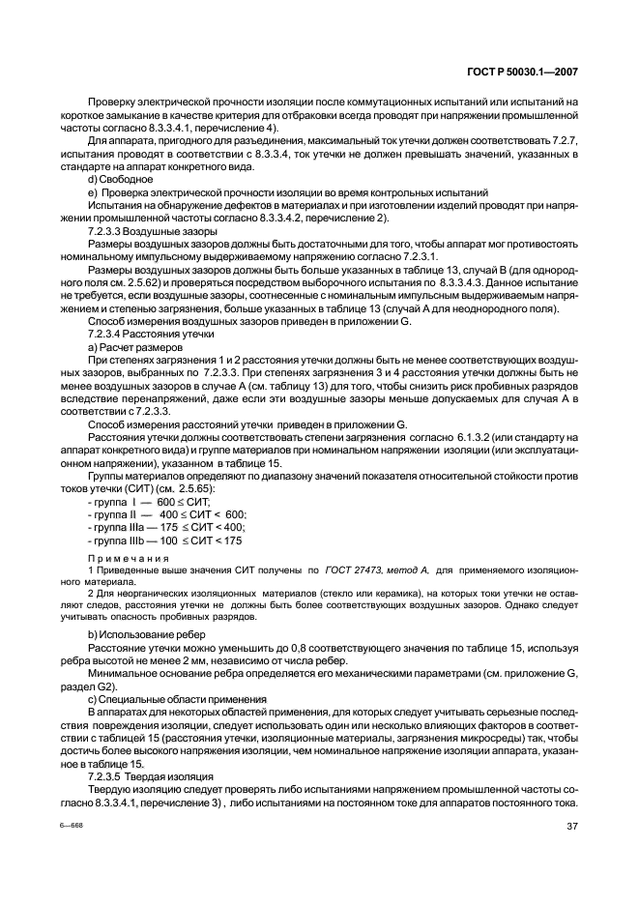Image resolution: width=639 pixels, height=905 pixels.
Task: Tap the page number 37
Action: [x=571, y=825]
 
